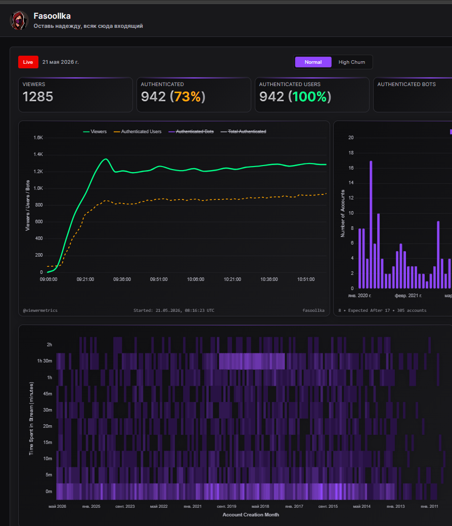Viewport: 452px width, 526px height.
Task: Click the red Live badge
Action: coord(28,62)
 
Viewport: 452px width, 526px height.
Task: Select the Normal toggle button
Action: coord(313,62)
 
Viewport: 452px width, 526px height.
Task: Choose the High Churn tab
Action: coord(351,62)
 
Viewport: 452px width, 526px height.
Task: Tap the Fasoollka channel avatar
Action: coord(19,20)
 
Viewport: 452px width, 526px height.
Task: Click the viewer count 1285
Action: coord(38,97)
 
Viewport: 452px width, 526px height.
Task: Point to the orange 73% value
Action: coord(187,97)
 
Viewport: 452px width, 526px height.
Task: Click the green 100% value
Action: coord(309,97)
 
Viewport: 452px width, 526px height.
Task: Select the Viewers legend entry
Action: coord(95,132)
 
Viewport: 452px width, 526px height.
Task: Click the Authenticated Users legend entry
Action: coord(138,132)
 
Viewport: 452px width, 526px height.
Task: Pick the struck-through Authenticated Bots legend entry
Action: coord(191,132)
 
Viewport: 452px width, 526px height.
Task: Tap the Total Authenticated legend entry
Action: coord(243,132)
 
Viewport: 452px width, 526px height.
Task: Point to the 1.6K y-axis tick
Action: coord(38,138)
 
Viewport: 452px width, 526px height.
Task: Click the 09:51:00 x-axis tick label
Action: coord(159,279)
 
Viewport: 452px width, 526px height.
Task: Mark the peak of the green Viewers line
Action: coord(106,159)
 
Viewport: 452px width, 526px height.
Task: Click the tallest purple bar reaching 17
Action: coord(371,224)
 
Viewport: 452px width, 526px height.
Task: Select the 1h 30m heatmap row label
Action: coord(44,361)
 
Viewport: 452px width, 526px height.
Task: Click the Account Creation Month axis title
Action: coord(251,514)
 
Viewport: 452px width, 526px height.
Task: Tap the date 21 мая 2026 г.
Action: coord(60,62)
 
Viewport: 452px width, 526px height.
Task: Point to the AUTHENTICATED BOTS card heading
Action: coord(406,85)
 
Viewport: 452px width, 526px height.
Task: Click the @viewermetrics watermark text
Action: coord(40,310)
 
